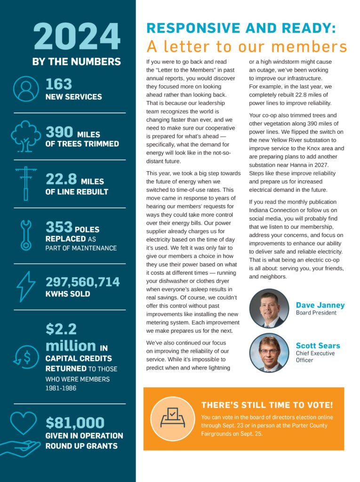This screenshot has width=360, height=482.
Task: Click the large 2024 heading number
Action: point(77,37)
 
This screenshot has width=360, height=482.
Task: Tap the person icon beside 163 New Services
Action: point(25,88)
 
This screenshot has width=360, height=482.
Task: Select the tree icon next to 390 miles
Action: point(25,137)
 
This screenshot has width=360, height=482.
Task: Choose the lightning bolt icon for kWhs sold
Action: point(25,286)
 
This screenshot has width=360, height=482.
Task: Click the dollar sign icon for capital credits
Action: point(26,357)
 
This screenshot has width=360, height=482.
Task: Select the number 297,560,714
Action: point(83,282)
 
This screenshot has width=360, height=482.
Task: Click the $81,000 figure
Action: point(75,422)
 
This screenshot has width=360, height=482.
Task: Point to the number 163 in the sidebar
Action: point(59,84)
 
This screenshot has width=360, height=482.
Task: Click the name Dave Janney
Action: point(320,305)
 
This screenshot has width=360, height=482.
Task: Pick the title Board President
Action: point(316,313)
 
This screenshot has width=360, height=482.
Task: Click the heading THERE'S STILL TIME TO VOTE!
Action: point(267,405)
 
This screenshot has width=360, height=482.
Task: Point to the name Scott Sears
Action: point(318,345)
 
